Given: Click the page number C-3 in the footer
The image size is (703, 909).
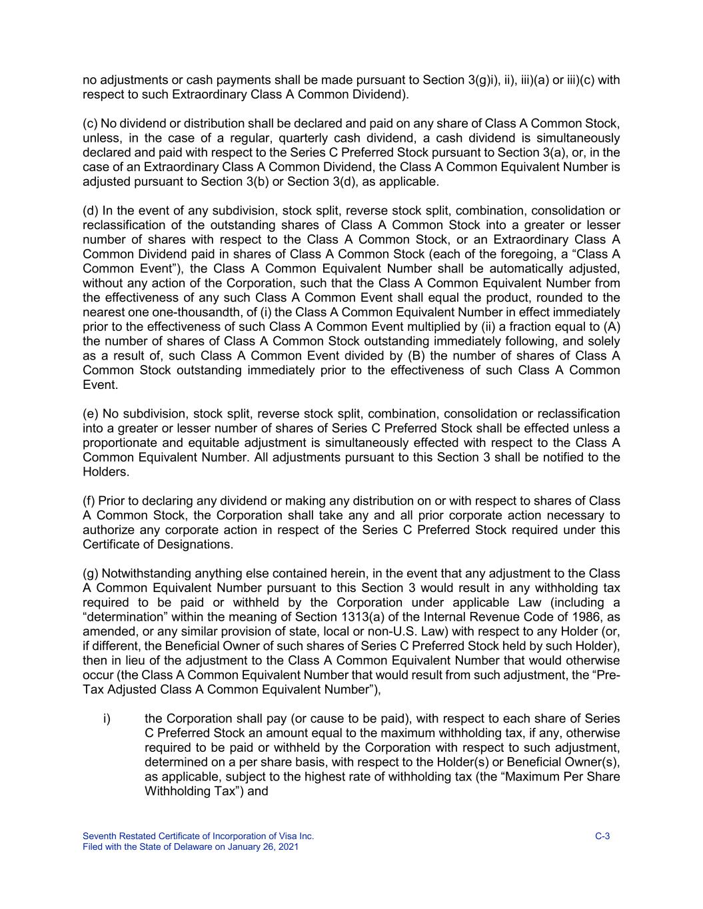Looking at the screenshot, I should pyautogui.click(x=602, y=836).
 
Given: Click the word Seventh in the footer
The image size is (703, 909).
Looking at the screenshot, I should pyautogui.click(x=98, y=836).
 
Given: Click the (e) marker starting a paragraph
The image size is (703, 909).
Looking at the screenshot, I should pyautogui.click(x=90, y=414).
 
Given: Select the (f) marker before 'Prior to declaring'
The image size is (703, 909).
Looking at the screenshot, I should pyautogui.click(x=89, y=501).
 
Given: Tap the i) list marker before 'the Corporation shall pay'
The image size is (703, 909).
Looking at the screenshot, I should pyautogui.click(x=107, y=719).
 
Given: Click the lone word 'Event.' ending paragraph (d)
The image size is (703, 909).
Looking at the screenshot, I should pyautogui.click(x=100, y=385).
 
